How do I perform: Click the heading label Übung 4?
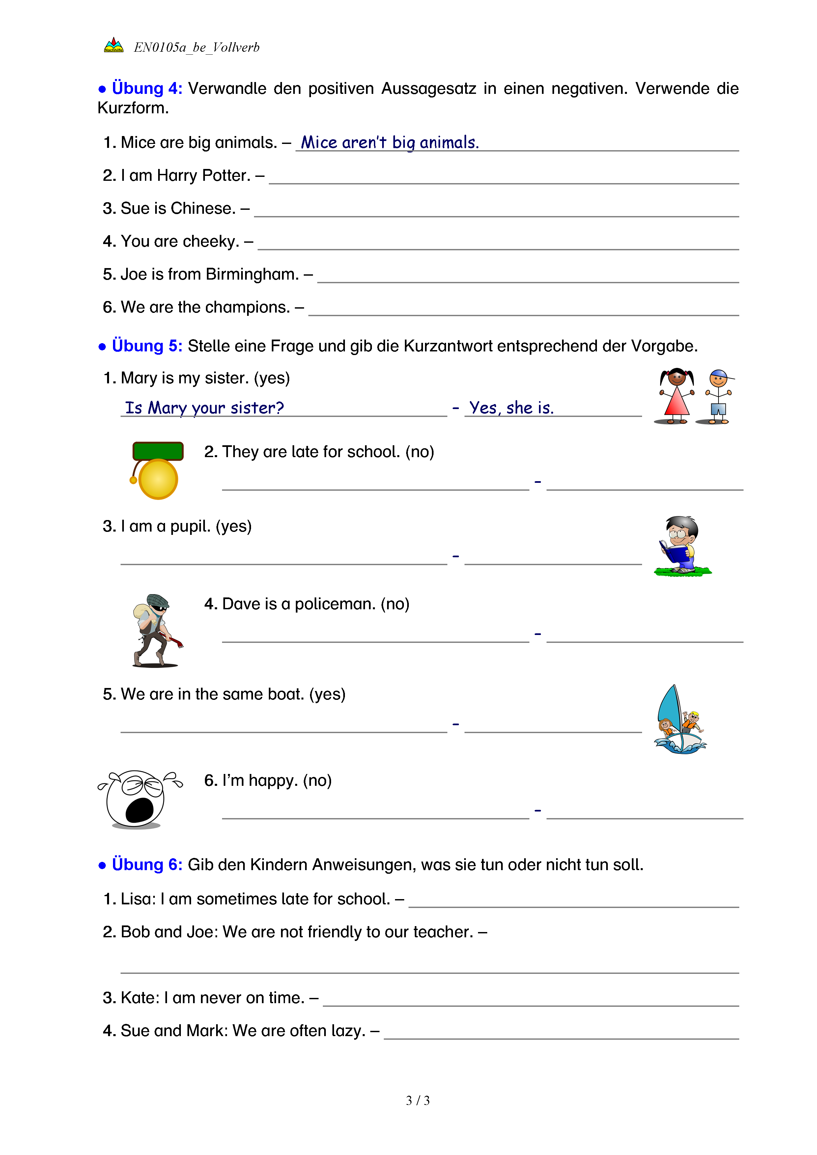pyautogui.click(x=146, y=89)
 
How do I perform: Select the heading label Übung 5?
pyautogui.click(x=146, y=346)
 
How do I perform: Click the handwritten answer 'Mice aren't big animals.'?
pyautogui.click(x=389, y=143)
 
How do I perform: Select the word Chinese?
pyautogui.click(x=203, y=208)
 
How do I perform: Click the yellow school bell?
pyautogui.click(x=158, y=479)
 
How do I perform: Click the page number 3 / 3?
pyautogui.click(x=417, y=1100)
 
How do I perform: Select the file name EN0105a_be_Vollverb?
pyautogui.click(x=197, y=47)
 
